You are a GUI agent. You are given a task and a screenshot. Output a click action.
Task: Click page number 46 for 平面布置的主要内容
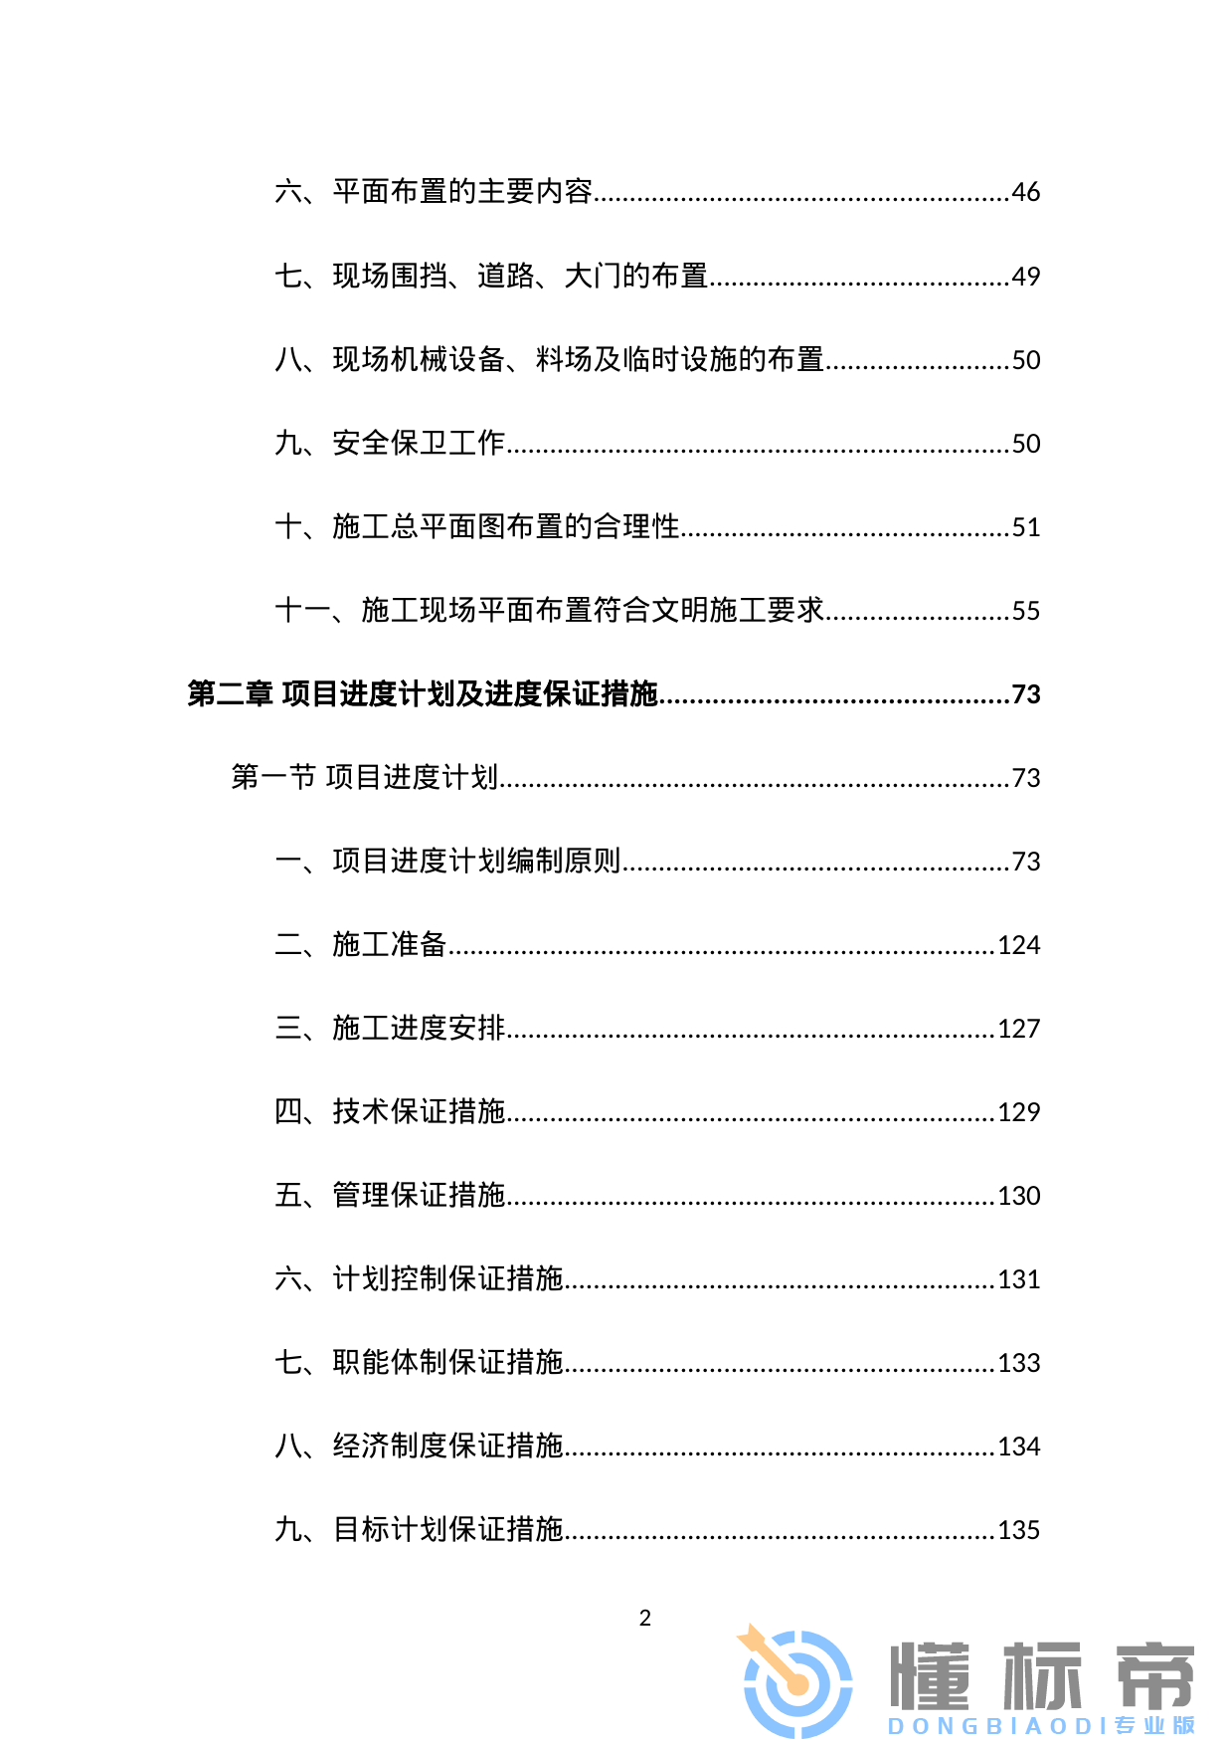(x=1025, y=192)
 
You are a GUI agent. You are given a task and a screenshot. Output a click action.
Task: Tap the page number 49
(x=1025, y=277)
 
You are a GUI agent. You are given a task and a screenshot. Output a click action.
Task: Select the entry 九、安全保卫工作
(x=390, y=444)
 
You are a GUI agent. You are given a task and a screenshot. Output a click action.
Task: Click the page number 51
(x=1025, y=527)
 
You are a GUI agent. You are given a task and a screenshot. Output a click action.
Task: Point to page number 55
(x=1025, y=611)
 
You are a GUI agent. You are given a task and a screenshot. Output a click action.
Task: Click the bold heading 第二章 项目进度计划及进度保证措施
(x=423, y=694)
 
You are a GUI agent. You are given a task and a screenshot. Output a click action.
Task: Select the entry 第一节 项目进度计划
(x=364, y=778)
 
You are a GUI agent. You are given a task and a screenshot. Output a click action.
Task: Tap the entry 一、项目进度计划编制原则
(x=447, y=862)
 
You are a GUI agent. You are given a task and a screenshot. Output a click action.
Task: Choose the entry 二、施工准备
(x=361, y=945)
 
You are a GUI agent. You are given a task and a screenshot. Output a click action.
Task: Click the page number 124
(x=1018, y=945)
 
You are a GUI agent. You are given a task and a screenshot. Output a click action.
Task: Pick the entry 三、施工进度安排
(x=390, y=1029)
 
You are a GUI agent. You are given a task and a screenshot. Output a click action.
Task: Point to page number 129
(x=1018, y=1112)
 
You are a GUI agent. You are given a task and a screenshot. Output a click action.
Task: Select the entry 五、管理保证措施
(x=390, y=1196)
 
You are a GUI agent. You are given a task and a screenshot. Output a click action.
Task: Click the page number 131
(x=1018, y=1279)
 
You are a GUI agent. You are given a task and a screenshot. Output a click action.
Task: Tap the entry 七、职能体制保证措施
(x=419, y=1363)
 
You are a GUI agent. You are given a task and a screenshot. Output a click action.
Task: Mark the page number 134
(x=1018, y=1447)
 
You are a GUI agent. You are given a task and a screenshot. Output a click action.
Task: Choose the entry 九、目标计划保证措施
(x=419, y=1530)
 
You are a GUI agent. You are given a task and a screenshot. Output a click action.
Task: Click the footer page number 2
(x=645, y=1619)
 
